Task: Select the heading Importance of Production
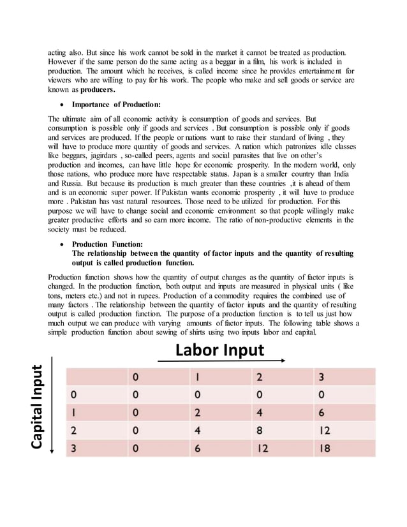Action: point(115,104)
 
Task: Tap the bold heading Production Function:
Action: point(107,244)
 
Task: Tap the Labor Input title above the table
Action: point(219,350)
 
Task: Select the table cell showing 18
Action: point(324,449)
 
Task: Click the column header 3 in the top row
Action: point(322,377)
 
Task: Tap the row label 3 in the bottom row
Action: point(75,449)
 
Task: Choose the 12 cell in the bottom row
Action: point(262,449)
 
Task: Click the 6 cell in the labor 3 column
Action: point(322,413)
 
